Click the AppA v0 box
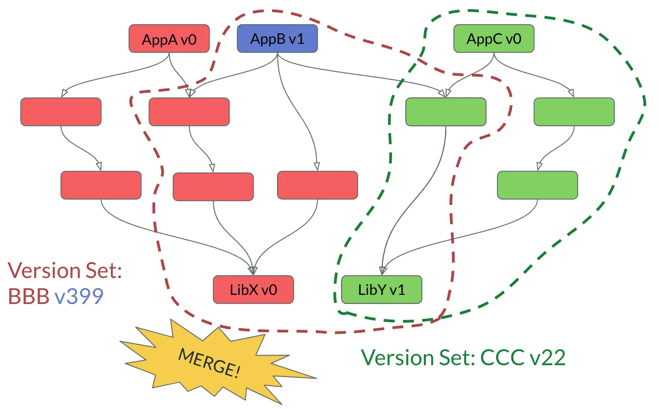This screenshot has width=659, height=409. (169, 39)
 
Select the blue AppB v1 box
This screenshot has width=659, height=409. (277, 39)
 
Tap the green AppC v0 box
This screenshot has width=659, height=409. (493, 39)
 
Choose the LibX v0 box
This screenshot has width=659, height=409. (253, 289)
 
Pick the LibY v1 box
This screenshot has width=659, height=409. (382, 289)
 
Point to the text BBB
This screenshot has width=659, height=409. (28, 296)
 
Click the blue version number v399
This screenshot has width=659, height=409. (79, 296)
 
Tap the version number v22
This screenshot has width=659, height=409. (548, 357)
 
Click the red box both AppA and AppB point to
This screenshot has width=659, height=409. (189, 112)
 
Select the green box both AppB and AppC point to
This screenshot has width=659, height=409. (445, 112)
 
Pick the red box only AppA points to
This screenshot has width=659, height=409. (61, 112)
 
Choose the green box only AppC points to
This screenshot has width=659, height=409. (574, 112)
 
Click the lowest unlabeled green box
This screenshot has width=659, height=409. (537, 185)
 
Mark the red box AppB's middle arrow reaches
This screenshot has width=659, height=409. (317, 185)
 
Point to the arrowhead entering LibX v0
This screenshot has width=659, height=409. (253, 271)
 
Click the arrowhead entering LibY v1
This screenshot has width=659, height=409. (383, 271)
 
